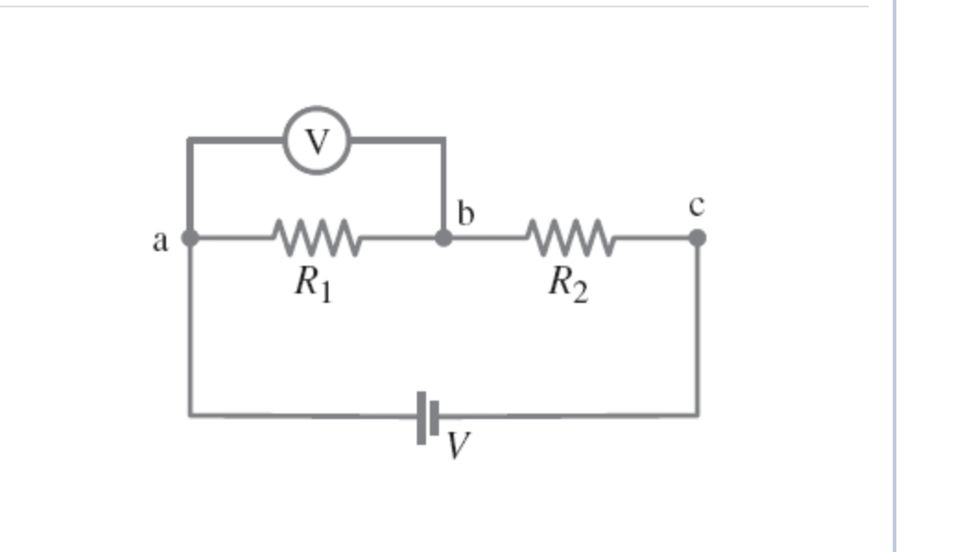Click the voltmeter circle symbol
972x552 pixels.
click(x=316, y=141)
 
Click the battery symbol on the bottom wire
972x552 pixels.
click(x=429, y=415)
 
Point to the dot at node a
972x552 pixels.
click(x=189, y=238)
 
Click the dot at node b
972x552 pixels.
click(x=444, y=237)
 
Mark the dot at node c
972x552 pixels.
click(x=697, y=237)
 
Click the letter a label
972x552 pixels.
click(x=160, y=242)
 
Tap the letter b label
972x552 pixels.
click(x=466, y=214)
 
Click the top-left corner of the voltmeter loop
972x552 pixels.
click(x=189, y=140)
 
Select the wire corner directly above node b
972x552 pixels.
click(x=444, y=140)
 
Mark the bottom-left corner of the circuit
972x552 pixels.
click(x=190, y=414)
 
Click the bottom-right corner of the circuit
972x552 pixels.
click(x=696, y=414)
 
